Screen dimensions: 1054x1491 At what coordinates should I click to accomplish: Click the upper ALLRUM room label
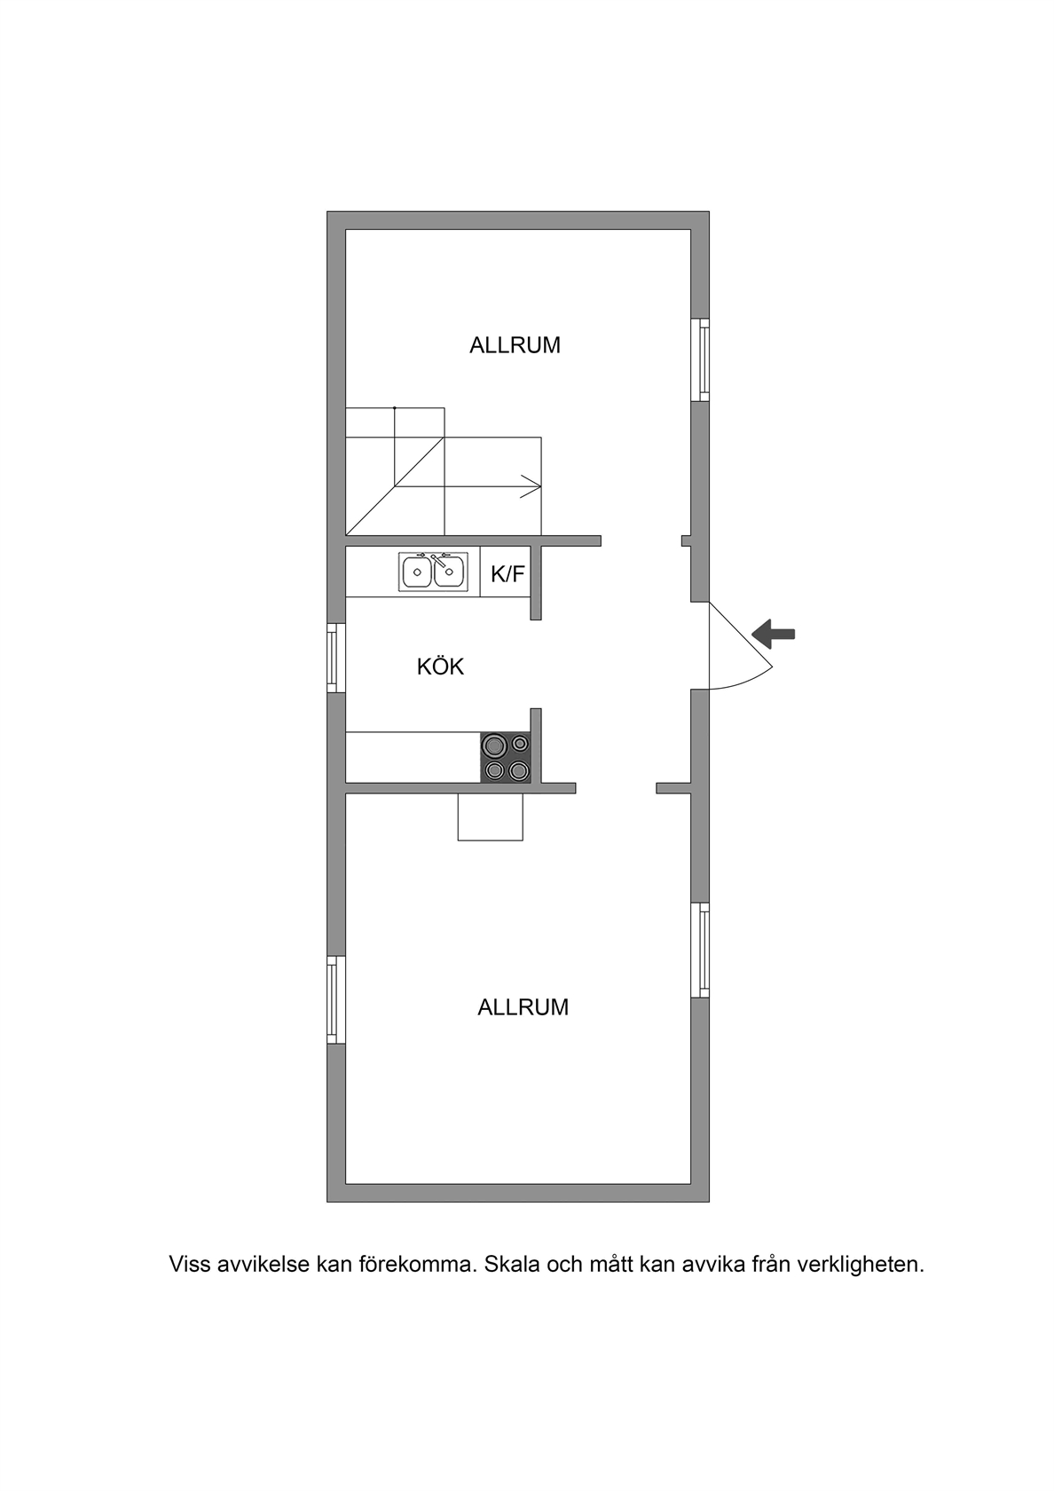coord(515,345)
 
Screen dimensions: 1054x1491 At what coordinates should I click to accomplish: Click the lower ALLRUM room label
coord(523,1007)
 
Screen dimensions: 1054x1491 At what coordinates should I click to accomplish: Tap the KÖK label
coord(440,667)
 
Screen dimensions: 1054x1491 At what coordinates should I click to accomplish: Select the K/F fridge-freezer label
coord(507,574)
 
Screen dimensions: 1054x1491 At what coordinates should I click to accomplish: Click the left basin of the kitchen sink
coord(417,572)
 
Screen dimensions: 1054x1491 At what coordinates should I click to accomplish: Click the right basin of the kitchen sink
coord(449,572)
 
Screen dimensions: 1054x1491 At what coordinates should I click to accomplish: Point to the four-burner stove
coord(506,758)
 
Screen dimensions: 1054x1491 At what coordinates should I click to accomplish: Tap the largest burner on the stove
coord(493,745)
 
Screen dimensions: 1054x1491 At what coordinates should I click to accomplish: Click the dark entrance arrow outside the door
coord(774,634)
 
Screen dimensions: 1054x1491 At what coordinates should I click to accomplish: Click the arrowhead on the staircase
coord(531,486)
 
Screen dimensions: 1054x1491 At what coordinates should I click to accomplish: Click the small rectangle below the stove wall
coord(491,816)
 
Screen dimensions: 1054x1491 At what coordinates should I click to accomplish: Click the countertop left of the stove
coord(413,758)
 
